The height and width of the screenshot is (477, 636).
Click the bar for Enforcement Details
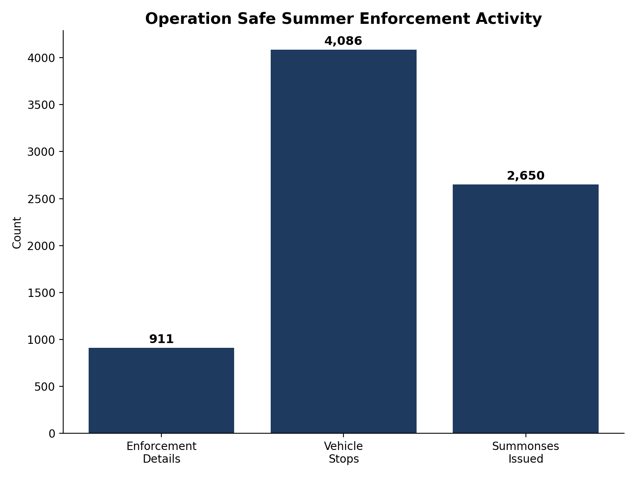coord(161,390)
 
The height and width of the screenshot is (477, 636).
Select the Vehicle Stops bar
coord(343,242)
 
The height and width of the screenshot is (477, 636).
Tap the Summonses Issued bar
coord(525,309)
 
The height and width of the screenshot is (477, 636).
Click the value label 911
coord(161,339)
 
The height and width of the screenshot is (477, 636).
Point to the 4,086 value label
coord(343,41)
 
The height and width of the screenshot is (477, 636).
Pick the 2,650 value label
coord(525,176)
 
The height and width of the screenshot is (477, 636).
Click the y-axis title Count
coord(17,233)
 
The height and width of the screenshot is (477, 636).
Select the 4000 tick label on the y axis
coord(41,58)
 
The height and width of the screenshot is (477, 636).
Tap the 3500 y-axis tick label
coord(41,105)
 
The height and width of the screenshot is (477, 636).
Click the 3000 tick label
coord(41,152)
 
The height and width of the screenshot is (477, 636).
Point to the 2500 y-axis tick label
coord(41,199)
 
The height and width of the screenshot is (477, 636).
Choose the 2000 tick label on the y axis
coord(41,246)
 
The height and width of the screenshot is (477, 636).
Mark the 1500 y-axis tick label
coord(41,293)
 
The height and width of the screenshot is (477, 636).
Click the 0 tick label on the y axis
coord(52,434)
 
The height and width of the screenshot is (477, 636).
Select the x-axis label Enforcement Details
coord(161,453)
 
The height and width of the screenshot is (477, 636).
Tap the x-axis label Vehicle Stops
coord(343,453)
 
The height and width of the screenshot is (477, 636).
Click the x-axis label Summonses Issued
coord(525,453)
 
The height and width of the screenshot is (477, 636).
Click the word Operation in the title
coord(188,19)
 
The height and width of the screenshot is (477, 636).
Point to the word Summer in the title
coord(318,19)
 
